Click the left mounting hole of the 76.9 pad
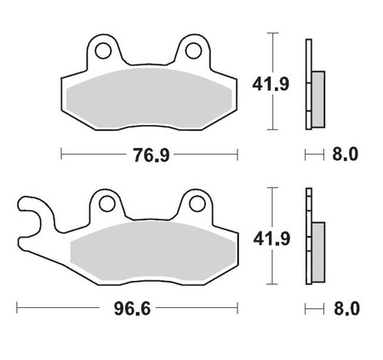102,51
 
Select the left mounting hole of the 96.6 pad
106,203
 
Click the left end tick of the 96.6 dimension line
17,307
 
